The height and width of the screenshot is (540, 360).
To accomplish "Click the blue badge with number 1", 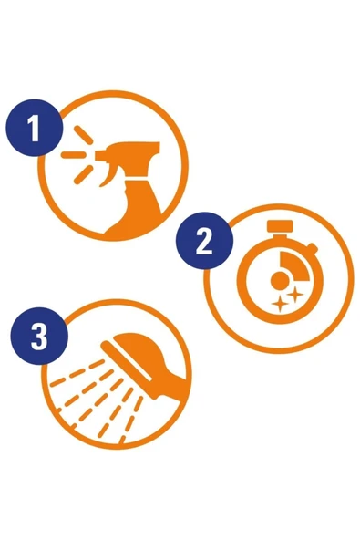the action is pyautogui.click(x=35, y=128).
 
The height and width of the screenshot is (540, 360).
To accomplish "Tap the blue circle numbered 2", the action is pyautogui.click(x=204, y=241).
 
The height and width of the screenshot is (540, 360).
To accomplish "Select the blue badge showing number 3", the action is pyautogui.click(x=39, y=336).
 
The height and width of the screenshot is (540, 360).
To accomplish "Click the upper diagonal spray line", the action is pyautogui.click(x=83, y=135).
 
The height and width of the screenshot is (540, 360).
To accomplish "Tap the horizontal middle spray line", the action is pyautogui.click(x=73, y=155).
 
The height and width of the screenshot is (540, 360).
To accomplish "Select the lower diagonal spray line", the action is pyautogui.click(x=83, y=174).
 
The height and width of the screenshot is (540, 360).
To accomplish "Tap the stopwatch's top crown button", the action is pyautogui.click(x=280, y=226).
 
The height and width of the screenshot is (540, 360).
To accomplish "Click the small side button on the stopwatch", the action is pyautogui.click(x=312, y=247).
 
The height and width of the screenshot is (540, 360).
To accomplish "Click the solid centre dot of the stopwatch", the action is pyautogui.click(x=280, y=280).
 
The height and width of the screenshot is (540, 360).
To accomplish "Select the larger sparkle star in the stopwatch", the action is pyautogui.click(x=295, y=295).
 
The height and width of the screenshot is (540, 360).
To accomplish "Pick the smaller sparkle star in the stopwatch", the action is pyautogui.click(x=280, y=305).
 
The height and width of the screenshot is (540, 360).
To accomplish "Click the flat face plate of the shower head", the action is pyautogui.click(x=127, y=361).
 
